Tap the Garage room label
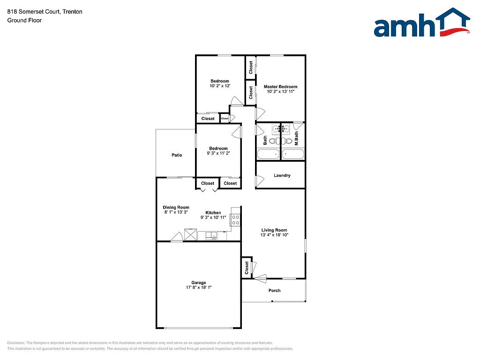pos(199,283)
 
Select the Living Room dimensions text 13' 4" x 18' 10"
pos(274,235)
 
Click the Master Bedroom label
pos(280,87)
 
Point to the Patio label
pos(177,155)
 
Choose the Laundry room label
pos(282,175)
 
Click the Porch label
pos(275,291)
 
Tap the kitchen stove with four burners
pos(235,220)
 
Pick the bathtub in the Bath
pos(268,154)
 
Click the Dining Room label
pos(176,207)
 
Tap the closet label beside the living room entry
pos(247,268)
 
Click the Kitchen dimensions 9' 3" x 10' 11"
pos(213,217)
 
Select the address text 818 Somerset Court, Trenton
pos(38,12)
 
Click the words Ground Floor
pos(24,20)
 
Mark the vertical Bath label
pos(265,140)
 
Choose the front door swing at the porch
pos(259,277)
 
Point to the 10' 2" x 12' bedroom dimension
pos(219,86)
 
